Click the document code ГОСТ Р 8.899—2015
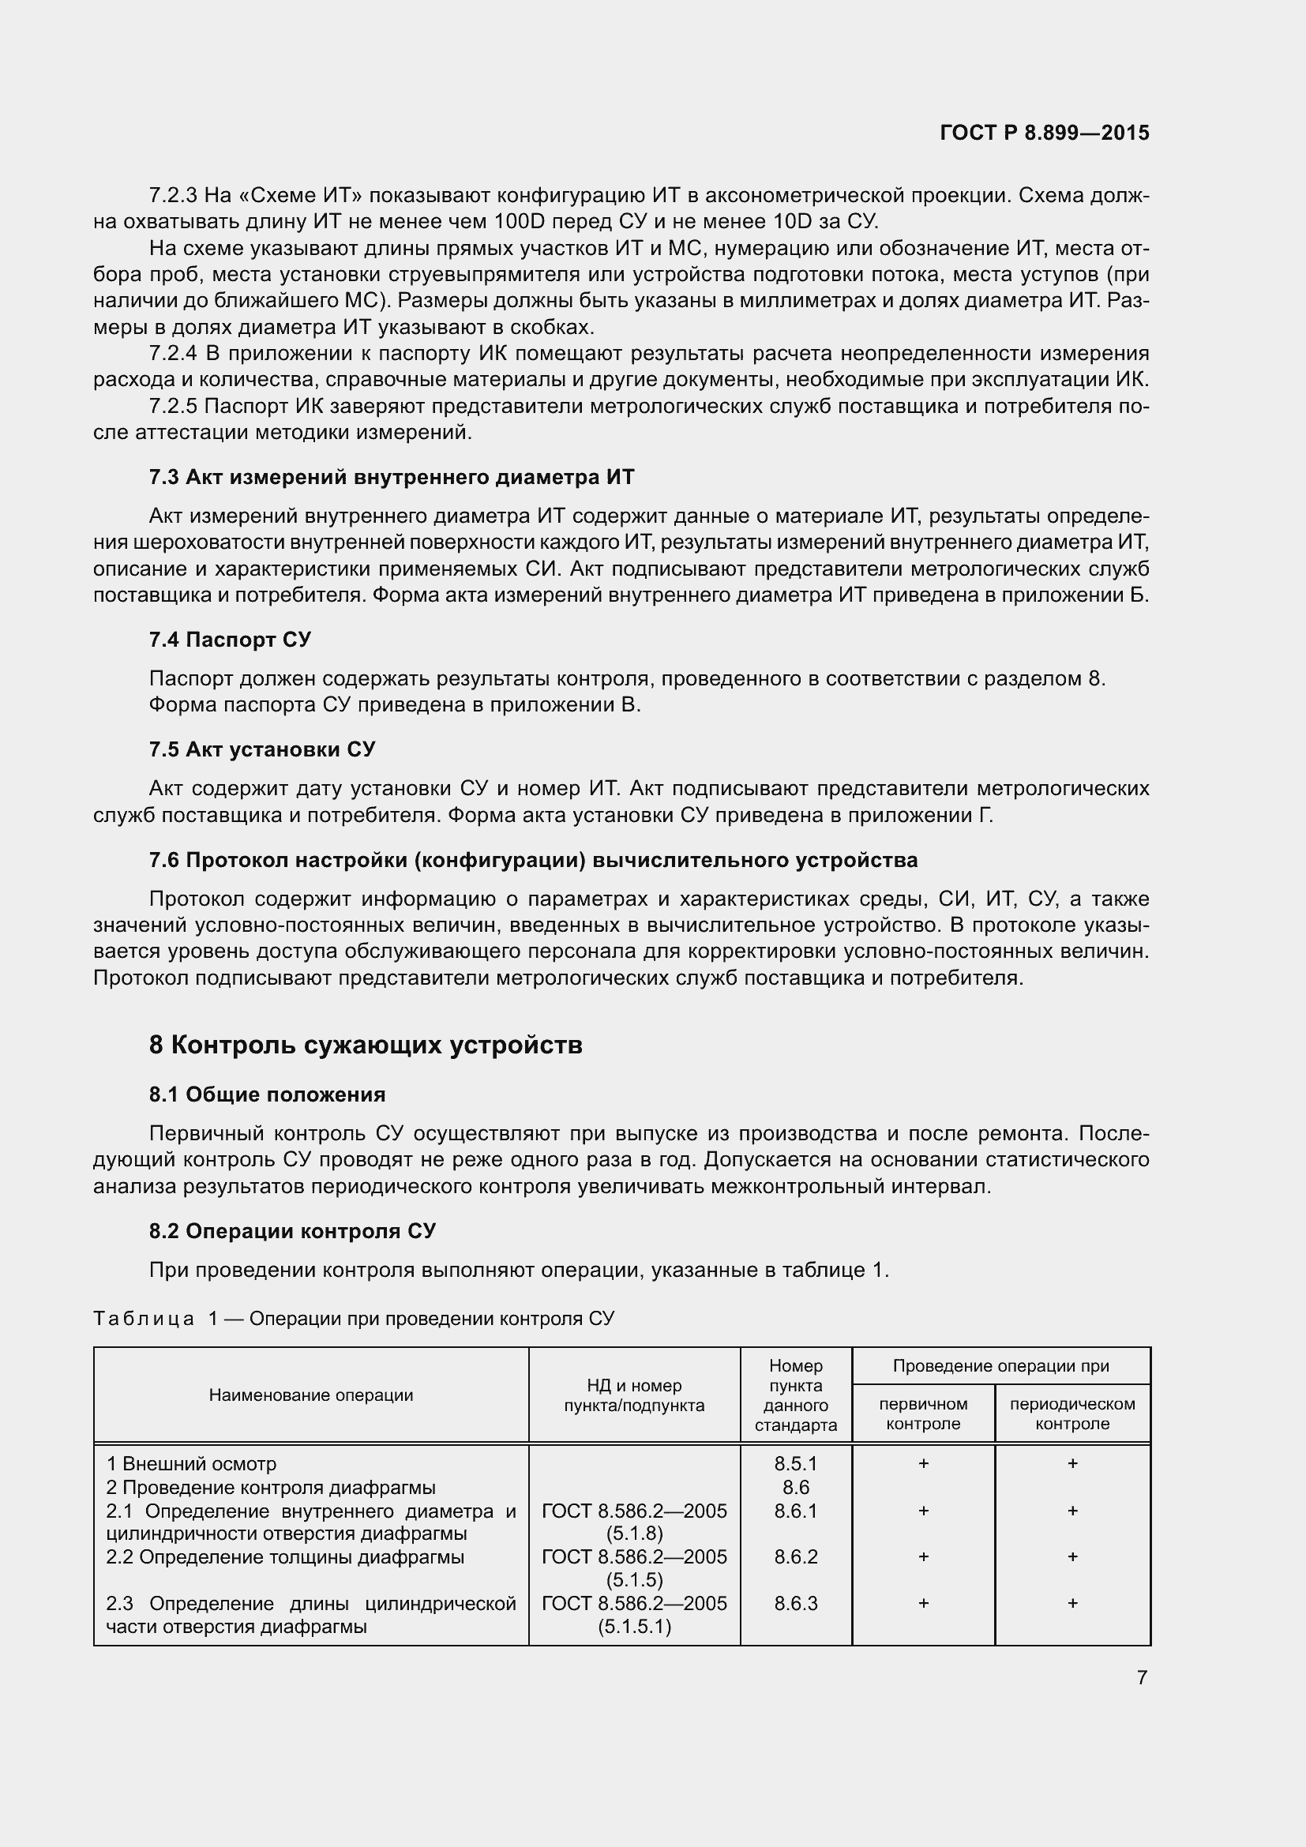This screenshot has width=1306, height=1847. tap(1044, 133)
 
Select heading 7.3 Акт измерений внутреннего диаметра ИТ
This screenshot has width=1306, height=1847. tap(391, 477)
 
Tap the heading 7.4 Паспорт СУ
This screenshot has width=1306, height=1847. tap(230, 640)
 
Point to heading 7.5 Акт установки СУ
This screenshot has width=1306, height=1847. tap(262, 749)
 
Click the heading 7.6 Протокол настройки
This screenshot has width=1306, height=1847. tap(532, 860)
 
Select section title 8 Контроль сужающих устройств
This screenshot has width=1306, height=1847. tap(365, 1045)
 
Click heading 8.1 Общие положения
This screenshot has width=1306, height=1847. tap(267, 1094)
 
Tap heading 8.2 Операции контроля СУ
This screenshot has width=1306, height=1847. tap(293, 1231)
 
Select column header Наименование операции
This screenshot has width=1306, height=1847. tap(310, 1395)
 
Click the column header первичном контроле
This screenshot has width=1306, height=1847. tap(922, 1413)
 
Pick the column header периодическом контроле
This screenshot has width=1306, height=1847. tap(1072, 1413)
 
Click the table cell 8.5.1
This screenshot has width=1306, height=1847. tap(795, 1463)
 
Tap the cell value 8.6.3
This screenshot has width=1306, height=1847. tap(795, 1603)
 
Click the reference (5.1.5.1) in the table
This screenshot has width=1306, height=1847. tap(634, 1627)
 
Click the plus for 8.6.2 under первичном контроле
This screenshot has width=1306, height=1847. tap(923, 1556)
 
